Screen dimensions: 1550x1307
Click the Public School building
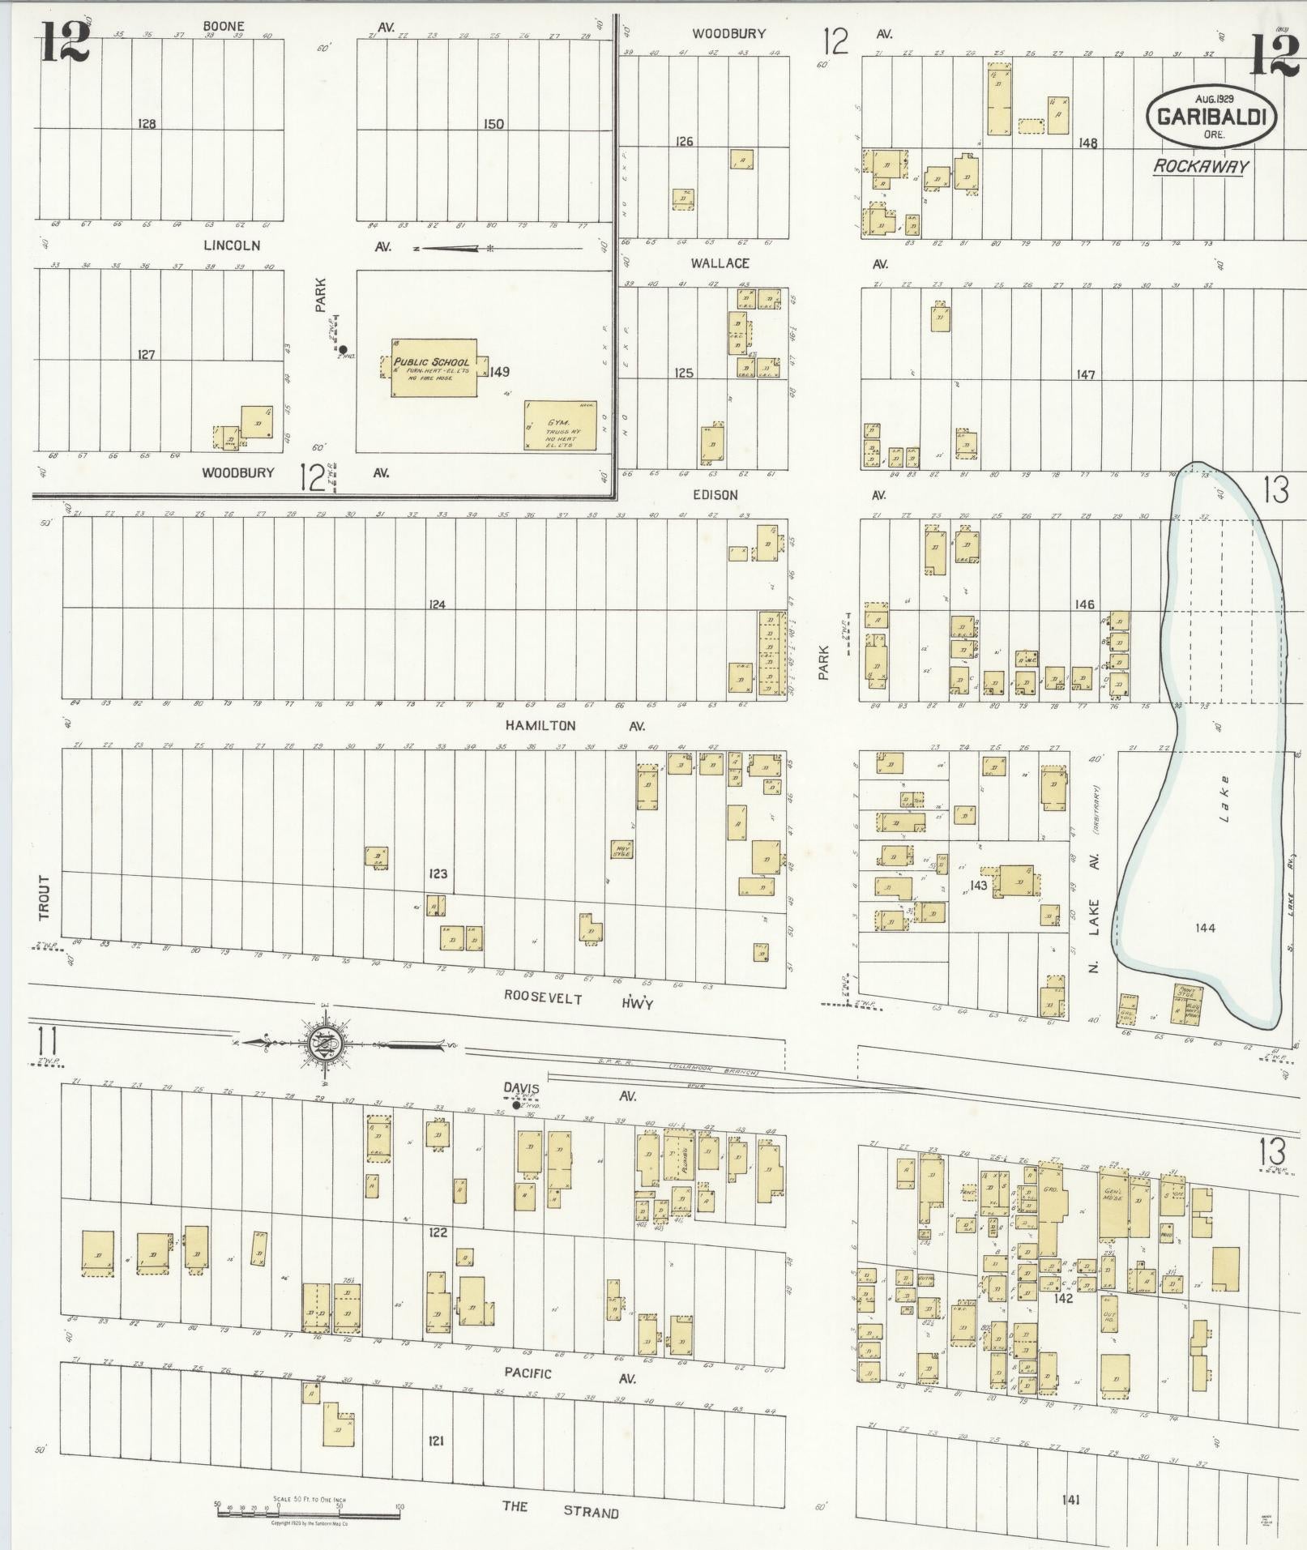click(434, 368)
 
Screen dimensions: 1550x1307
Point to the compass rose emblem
click(322, 1043)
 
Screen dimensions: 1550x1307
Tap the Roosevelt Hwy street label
click(578, 1000)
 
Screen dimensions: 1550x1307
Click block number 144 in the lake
click(1204, 928)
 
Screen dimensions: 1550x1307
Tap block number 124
click(438, 604)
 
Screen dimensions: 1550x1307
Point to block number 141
click(1070, 1500)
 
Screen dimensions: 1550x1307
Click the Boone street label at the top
click(224, 26)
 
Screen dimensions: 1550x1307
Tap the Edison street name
click(715, 494)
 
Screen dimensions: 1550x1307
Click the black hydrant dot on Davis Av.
click(516, 1104)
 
